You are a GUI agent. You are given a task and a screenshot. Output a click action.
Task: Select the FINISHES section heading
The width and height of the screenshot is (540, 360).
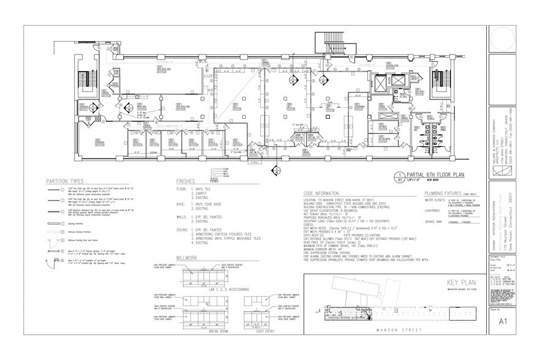click(x=186, y=182)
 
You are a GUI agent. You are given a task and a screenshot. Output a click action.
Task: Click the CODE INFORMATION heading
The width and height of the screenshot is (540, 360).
click(x=331, y=193)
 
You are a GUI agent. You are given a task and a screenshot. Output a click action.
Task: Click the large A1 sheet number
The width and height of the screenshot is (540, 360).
click(x=503, y=321)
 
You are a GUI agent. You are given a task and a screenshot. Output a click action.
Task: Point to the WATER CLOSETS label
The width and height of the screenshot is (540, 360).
click(x=432, y=200)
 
